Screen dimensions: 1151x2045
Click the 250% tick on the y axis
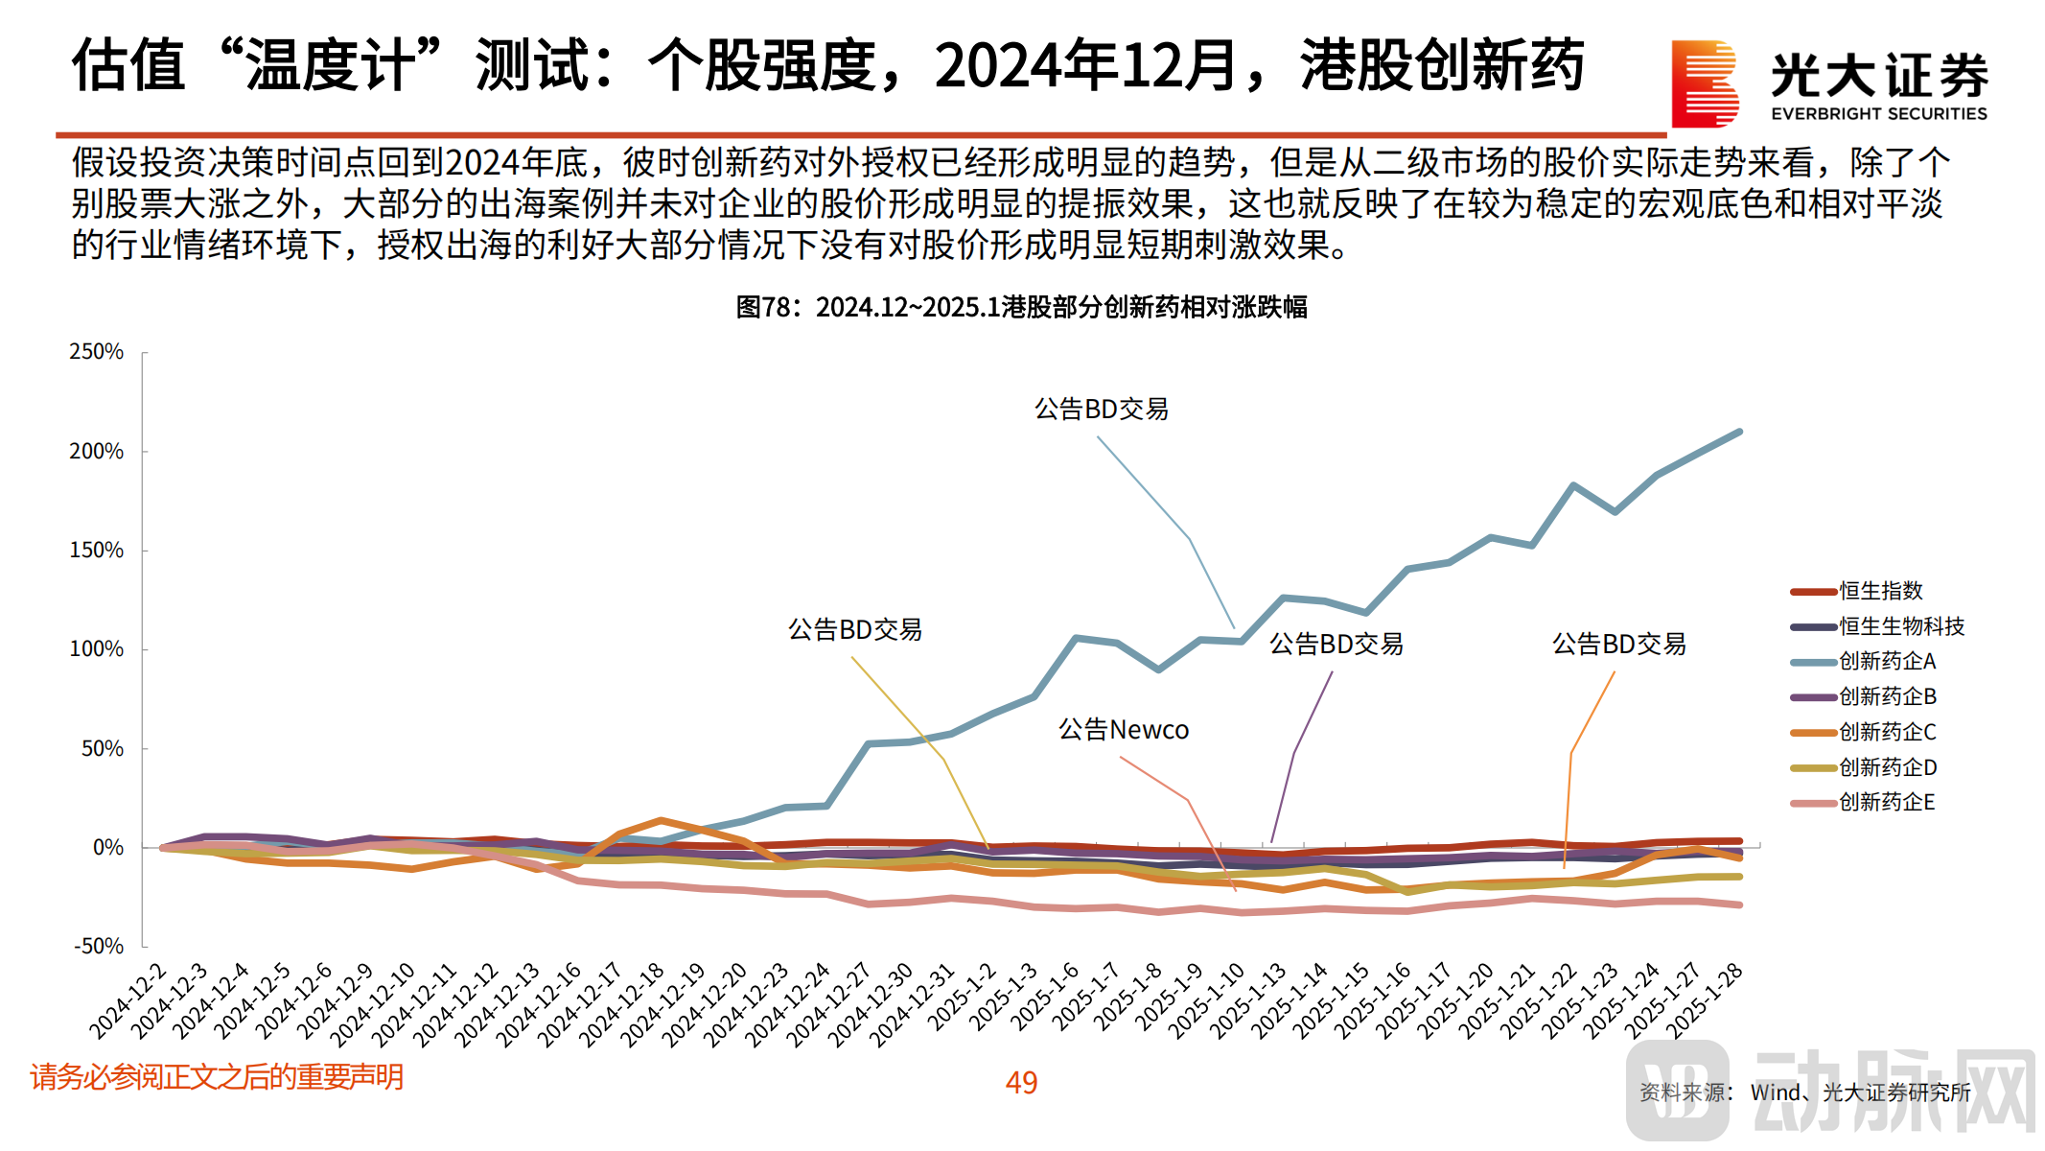[96, 352]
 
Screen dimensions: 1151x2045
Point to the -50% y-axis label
[98, 947]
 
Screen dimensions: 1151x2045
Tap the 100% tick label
[96, 649]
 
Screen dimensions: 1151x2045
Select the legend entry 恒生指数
[1880, 591]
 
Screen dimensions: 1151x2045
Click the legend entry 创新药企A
[1887, 661]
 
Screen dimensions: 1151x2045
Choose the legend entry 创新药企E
[1887, 802]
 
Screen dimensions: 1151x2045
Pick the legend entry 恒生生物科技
[1901, 626]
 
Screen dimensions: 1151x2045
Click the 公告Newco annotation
[1123, 730]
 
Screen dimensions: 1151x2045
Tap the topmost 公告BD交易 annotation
[1101, 410]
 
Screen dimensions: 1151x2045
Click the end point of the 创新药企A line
[1739, 432]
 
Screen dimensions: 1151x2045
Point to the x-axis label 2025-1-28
[1705, 1000]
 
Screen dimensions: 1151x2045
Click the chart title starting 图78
[1021, 307]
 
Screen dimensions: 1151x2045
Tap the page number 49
[1021, 1082]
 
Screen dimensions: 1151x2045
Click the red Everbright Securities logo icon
[1705, 83]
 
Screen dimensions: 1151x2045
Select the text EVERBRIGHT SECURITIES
[1878, 114]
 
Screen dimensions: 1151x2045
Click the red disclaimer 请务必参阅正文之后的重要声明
[217, 1077]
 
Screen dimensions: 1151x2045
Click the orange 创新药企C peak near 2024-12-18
[661, 820]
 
